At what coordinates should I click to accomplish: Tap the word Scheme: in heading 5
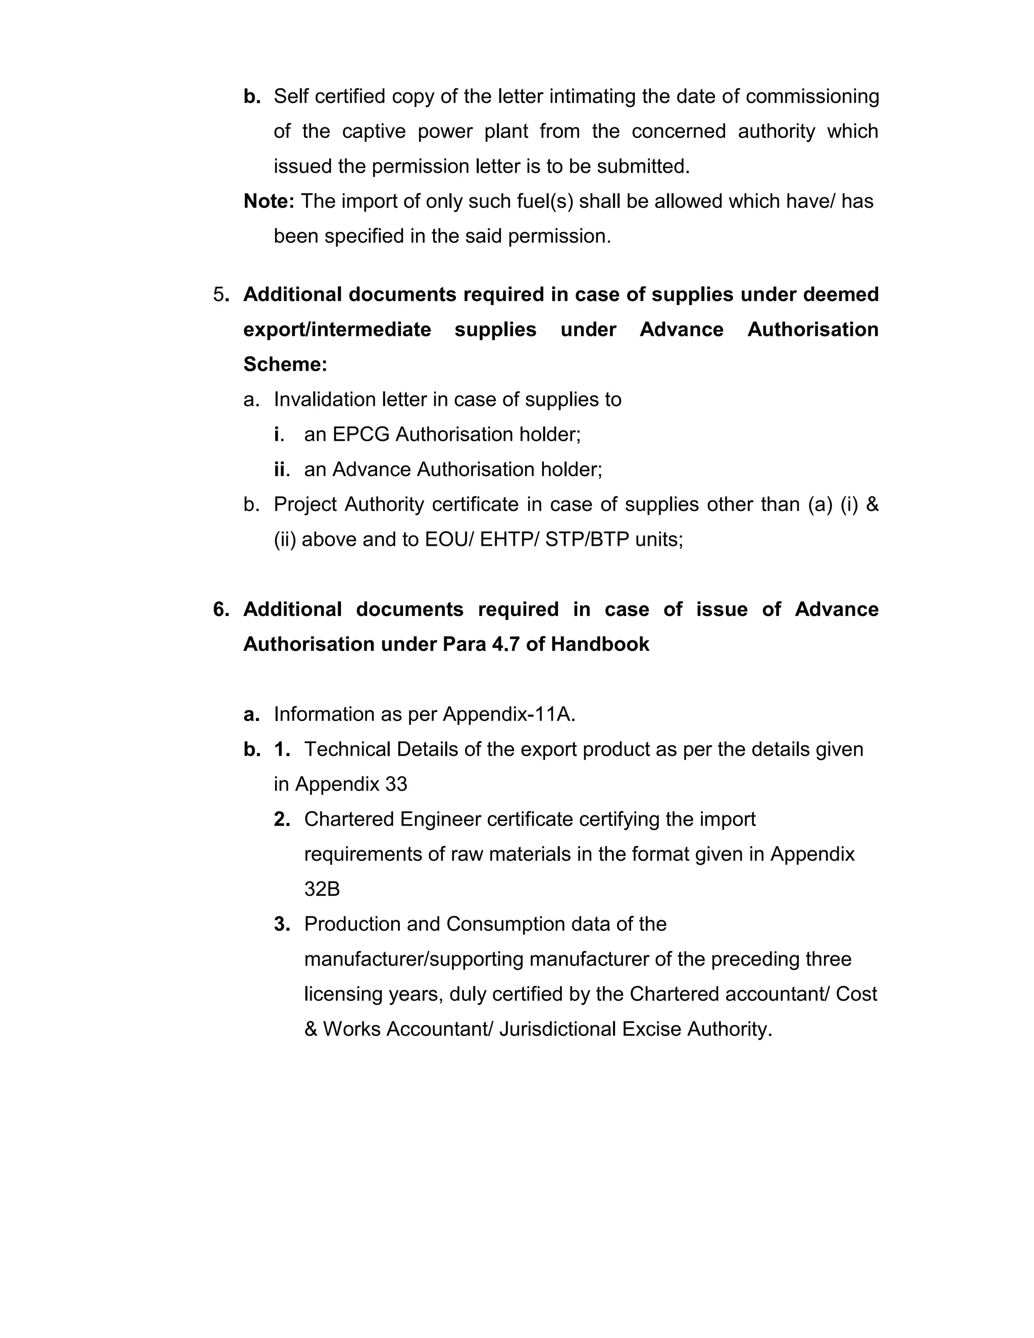(285, 365)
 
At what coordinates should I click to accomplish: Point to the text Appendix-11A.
(509, 714)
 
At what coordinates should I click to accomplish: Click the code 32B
(322, 889)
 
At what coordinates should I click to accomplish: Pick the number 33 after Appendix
(396, 784)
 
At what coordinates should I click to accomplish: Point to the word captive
(374, 131)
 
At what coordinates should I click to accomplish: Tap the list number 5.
(219, 295)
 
